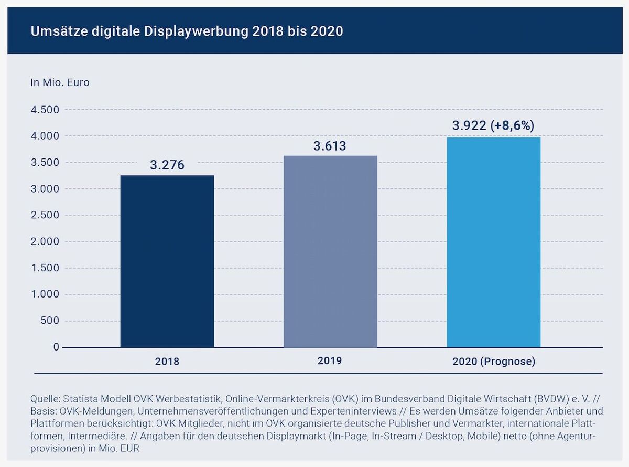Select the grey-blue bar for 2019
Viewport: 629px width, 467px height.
coord(330,251)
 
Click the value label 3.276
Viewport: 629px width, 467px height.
coord(167,165)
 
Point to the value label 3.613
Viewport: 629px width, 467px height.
coord(330,146)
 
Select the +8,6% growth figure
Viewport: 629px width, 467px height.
coord(512,126)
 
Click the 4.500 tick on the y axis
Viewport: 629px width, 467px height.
coord(45,110)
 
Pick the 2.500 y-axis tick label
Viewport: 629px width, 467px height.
coord(45,215)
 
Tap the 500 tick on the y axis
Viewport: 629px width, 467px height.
coord(51,321)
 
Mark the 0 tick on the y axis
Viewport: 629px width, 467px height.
coord(56,347)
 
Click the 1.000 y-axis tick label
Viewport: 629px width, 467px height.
coord(45,294)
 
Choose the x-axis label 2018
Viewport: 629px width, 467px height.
coord(167,362)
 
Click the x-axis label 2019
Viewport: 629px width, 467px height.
coord(330,360)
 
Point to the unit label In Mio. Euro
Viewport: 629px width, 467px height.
coord(60,82)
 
